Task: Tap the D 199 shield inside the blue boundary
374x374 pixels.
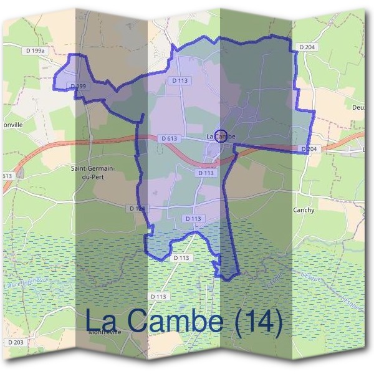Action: (x=78, y=85)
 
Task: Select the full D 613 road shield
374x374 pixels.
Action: (x=168, y=138)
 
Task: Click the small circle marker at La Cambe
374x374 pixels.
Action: (x=220, y=135)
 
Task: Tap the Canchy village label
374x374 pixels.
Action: (x=304, y=210)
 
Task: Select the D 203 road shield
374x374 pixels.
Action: (x=16, y=342)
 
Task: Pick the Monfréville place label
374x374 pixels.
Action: (x=104, y=332)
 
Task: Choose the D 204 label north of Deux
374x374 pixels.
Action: (x=307, y=47)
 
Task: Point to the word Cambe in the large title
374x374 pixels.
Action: (x=176, y=320)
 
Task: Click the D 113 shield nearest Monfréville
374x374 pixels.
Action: (x=159, y=296)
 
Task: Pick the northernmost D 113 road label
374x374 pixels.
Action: (x=180, y=80)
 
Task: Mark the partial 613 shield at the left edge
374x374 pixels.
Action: (x=6, y=176)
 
